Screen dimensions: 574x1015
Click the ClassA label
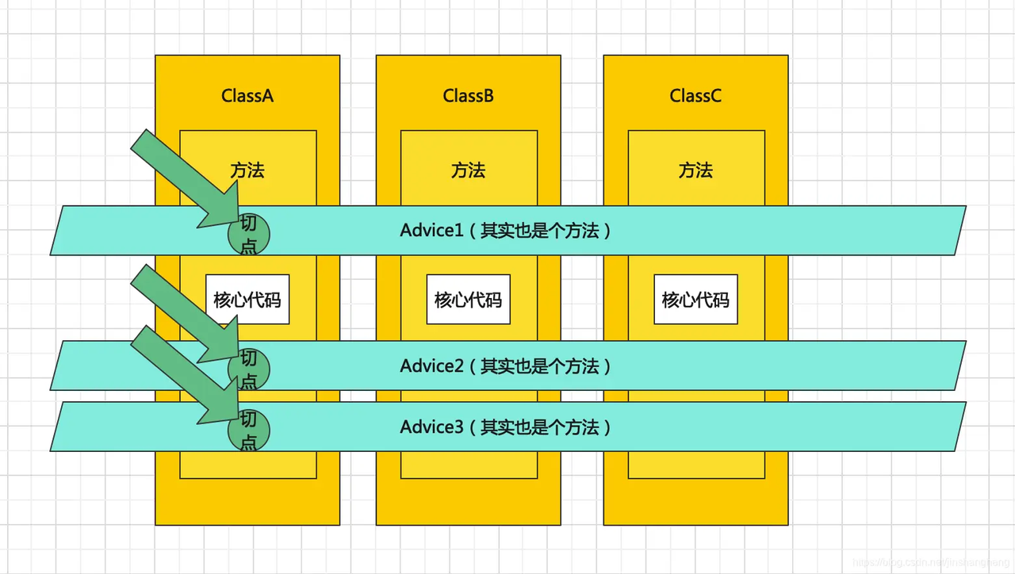pyautogui.click(x=247, y=96)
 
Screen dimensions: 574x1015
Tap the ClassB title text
pyautogui.click(x=468, y=96)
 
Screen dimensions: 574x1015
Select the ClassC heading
pyautogui.click(x=695, y=96)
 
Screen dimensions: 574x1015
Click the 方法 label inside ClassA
pyautogui.click(x=247, y=170)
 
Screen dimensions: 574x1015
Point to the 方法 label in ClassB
pyautogui.click(x=468, y=170)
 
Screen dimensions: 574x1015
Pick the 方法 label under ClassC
pyautogui.click(x=695, y=170)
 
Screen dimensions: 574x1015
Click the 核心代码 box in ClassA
pyautogui.click(x=247, y=300)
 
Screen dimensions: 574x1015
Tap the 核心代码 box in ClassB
pyautogui.click(x=468, y=300)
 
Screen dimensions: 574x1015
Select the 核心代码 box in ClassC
pyautogui.click(x=695, y=300)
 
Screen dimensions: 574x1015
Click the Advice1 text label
pyautogui.click(x=505, y=231)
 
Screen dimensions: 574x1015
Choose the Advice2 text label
pyautogui.click(x=505, y=366)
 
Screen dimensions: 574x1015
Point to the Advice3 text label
pyautogui.click(x=505, y=427)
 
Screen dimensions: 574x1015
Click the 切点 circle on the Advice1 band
pyautogui.click(x=249, y=234)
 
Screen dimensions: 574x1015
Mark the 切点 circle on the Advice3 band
pyautogui.click(x=249, y=430)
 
